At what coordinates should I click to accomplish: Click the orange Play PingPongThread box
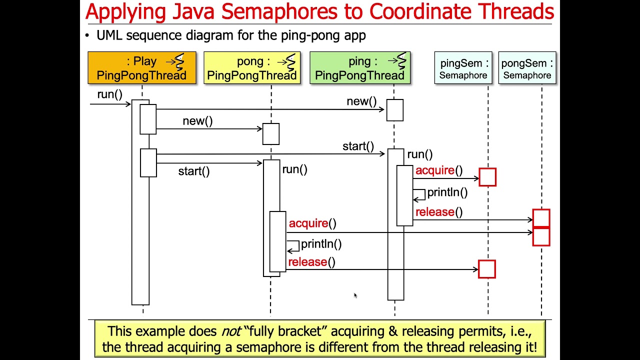(142, 67)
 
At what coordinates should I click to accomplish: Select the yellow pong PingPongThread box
(252, 67)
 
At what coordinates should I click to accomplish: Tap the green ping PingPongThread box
(360, 67)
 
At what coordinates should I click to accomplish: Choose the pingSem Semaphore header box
(463, 67)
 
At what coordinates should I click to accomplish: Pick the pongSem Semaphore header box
(527, 67)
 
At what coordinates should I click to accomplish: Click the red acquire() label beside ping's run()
(439, 170)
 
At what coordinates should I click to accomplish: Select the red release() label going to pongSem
(439, 212)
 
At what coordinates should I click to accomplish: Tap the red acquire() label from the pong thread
(312, 223)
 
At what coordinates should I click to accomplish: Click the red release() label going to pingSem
(311, 262)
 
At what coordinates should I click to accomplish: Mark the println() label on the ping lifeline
(447, 192)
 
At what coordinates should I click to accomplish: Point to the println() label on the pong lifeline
(321, 244)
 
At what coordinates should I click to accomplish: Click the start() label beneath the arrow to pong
(194, 171)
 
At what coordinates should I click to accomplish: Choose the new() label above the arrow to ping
(361, 101)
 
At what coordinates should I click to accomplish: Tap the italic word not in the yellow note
(231, 331)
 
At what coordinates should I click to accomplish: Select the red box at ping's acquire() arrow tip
(487, 177)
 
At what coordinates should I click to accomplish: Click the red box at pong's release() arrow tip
(487, 269)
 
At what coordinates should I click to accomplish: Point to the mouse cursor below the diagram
(355, 295)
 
